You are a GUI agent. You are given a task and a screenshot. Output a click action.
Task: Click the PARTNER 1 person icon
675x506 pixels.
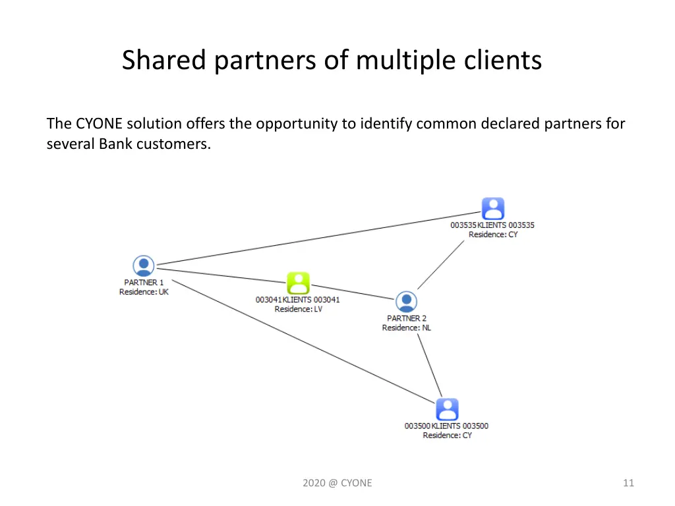pos(143,266)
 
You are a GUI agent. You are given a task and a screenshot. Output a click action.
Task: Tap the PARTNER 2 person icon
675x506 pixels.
pos(406,302)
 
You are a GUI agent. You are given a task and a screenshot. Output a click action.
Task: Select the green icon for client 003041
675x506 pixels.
pos(298,283)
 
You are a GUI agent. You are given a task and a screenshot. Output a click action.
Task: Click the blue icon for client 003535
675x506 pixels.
pos(492,208)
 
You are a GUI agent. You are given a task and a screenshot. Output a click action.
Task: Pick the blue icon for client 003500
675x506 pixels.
pos(447,409)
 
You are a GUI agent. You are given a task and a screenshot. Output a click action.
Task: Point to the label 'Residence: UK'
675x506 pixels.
pos(144,292)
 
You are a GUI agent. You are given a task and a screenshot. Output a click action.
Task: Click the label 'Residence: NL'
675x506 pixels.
pos(406,327)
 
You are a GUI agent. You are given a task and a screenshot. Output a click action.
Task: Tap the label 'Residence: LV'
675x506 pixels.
pos(298,309)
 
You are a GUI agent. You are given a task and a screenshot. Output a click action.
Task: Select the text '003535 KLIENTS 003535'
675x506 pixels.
pos(492,225)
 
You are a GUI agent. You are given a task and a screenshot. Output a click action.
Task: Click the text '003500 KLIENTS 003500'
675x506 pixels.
pos(446,426)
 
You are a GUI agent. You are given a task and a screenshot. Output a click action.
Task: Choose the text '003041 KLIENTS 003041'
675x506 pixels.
pos(298,300)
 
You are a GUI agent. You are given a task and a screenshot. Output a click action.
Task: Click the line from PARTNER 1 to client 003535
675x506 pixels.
pos(316,239)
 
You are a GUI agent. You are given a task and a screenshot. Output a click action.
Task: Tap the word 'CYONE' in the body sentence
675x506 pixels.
pos(99,123)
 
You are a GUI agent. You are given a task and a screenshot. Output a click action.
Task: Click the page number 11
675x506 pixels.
pos(628,483)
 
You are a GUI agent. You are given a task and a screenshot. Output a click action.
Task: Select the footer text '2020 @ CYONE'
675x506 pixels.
pos(337,483)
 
